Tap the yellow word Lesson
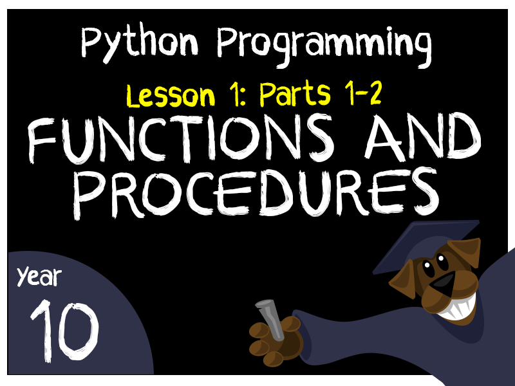pos(170,96)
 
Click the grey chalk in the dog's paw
pos(270,319)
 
